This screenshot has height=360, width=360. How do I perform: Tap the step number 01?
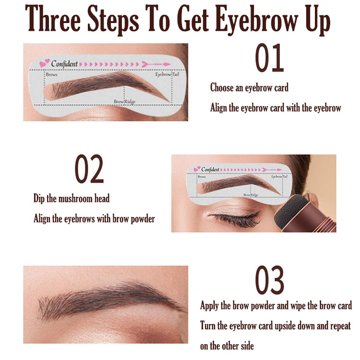click(269, 58)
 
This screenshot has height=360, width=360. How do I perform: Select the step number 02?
click(89, 169)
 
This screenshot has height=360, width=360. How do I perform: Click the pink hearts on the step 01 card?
click(45, 63)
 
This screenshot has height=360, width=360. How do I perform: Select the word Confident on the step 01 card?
click(64, 63)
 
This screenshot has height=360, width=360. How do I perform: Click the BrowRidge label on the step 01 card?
click(124, 101)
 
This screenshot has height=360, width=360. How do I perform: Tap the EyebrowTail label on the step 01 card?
click(167, 74)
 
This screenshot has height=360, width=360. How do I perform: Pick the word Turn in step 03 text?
click(208, 325)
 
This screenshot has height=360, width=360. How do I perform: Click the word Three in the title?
click(53, 18)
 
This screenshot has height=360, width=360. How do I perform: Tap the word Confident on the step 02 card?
click(210, 169)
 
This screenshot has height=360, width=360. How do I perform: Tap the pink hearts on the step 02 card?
click(197, 169)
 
